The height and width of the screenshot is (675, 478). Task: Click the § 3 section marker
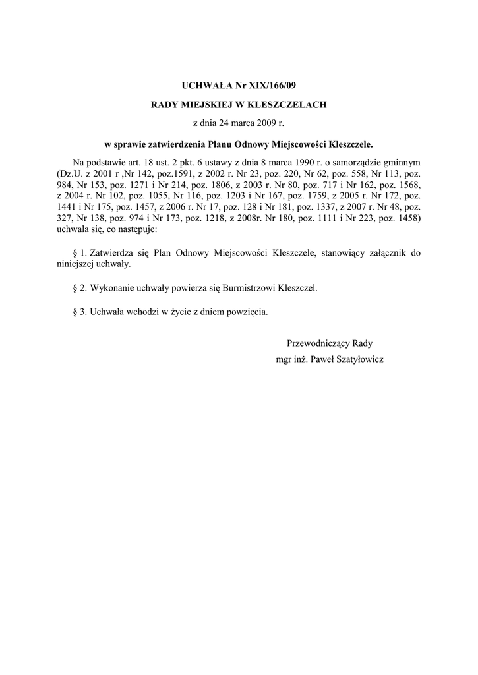(78, 312)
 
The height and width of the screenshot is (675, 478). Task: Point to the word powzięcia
(247, 312)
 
